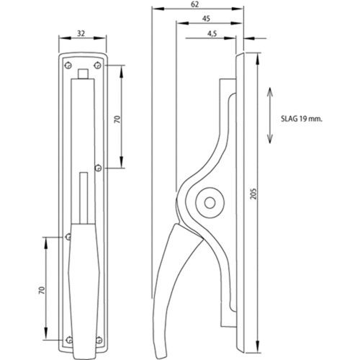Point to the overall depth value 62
pyautogui.click(x=196, y=4)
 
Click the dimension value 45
pyautogui.click(x=207, y=19)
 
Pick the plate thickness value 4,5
pyautogui.click(x=212, y=33)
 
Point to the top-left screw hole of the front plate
pyautogui.click(x=67, y=64)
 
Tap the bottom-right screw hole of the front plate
pyautogui.click(x=102, y=341)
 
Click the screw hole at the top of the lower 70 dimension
pyautogui.click(x=68, y=235)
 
